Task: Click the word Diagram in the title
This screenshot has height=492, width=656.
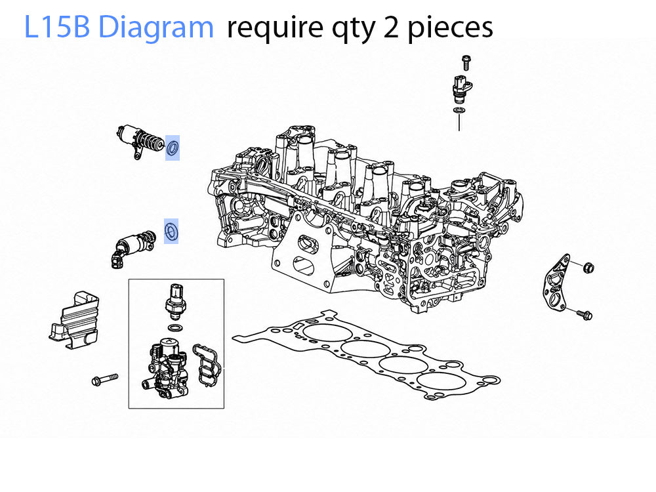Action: click(x=156, y=26)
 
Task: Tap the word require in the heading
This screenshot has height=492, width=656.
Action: click(x=275, y=28)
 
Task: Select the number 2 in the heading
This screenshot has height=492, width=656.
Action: click(x=390, y=28)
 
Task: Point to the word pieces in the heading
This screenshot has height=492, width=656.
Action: click(x=450, y=28)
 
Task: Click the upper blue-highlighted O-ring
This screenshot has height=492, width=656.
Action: click(x=173, y=148)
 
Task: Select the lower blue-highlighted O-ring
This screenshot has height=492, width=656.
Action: click(x=171, y=230)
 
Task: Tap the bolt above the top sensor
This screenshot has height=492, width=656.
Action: click(x=466, y=62)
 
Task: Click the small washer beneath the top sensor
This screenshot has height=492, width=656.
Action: click(x=459, y=110)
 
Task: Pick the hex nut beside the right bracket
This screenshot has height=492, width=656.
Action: click(x=588, y=267)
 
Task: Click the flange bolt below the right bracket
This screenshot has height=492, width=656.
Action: click(x=584, y=314)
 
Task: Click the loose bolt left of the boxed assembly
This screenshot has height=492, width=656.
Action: click(x=104, y=379)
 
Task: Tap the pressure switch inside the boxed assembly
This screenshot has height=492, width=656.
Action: click(x=175, y=299)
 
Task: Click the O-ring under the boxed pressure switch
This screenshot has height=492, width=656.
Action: click(x=175, y=327)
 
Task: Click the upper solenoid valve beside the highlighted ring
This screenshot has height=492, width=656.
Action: click(x=139, y=140)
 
